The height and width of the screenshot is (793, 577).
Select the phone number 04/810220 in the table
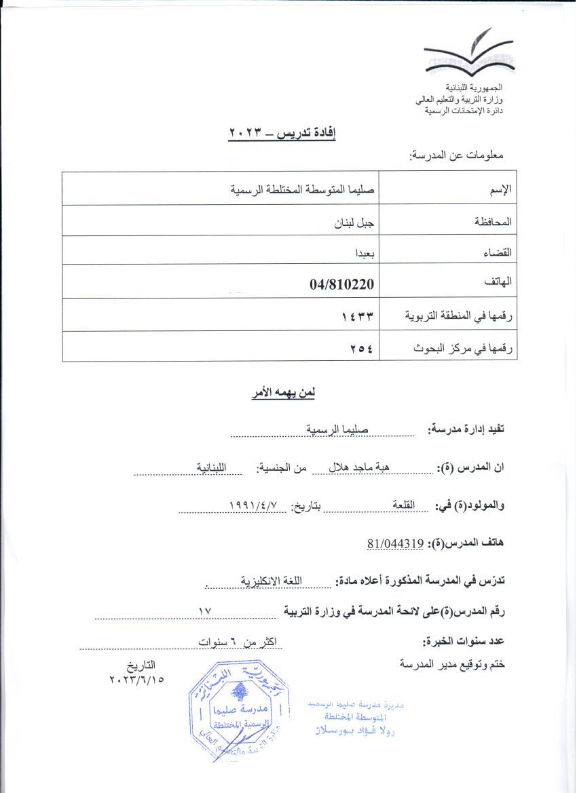point(341,284)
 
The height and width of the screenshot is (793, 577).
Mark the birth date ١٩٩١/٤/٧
point(254,505)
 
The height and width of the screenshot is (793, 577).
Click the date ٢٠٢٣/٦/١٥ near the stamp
point(136,678)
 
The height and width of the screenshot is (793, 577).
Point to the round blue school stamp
point(237,712)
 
